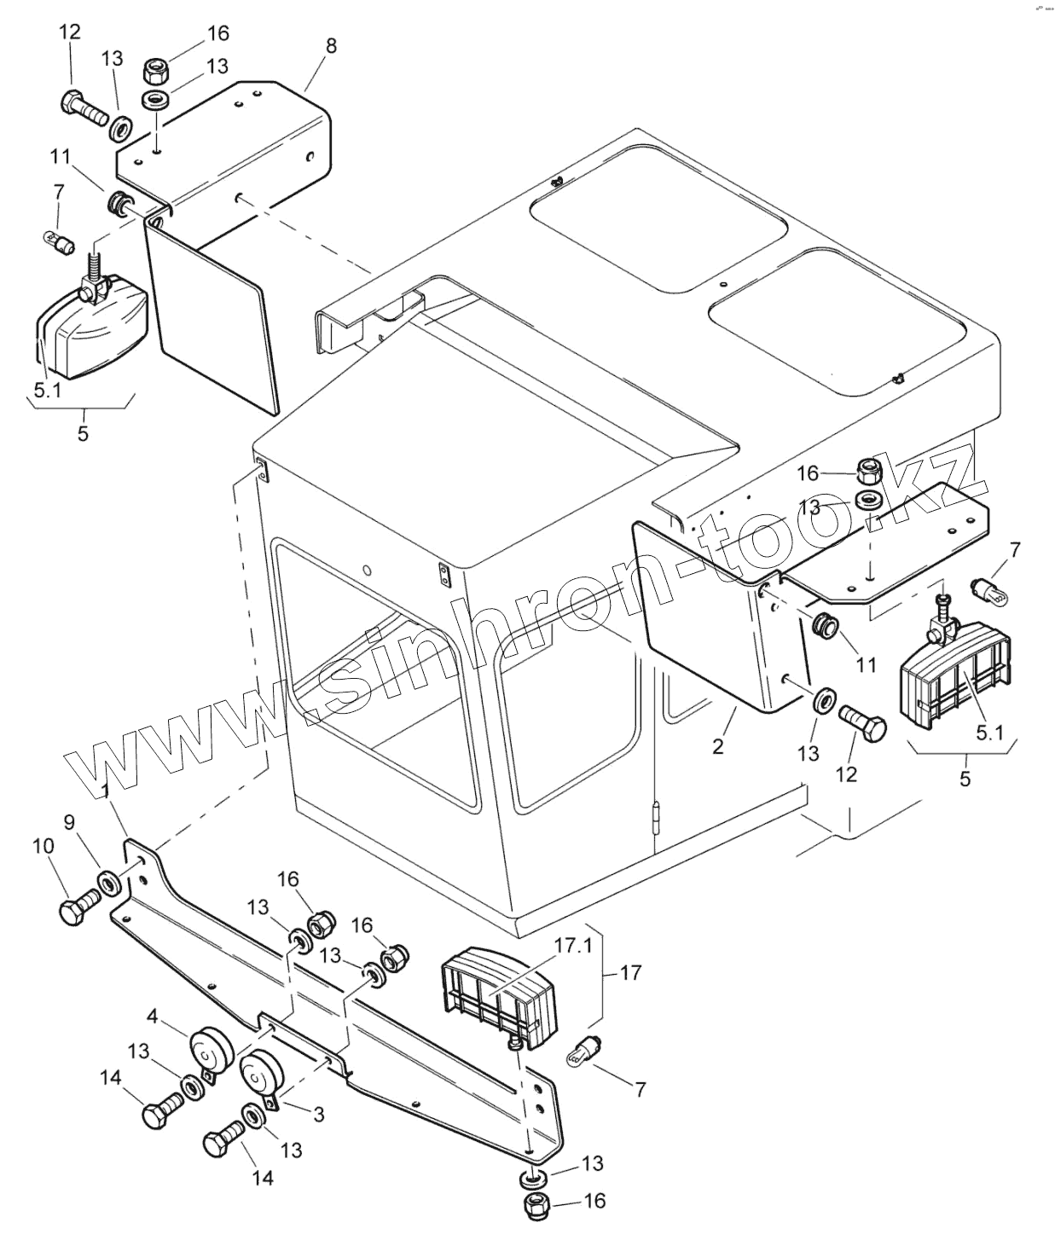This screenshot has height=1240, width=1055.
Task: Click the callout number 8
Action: [x=331, y=45]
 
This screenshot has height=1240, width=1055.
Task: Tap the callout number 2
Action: [x=718, y=746]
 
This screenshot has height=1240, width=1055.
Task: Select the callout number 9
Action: [x=70, y=822]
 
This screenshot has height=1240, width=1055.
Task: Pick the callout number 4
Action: [x=152, y=1016]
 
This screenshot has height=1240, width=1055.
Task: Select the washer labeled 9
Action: [x=109, y=881]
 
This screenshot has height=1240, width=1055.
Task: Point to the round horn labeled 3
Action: [x=260, y=1071]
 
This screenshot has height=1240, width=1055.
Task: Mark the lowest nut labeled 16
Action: [x=537, y=1206]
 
